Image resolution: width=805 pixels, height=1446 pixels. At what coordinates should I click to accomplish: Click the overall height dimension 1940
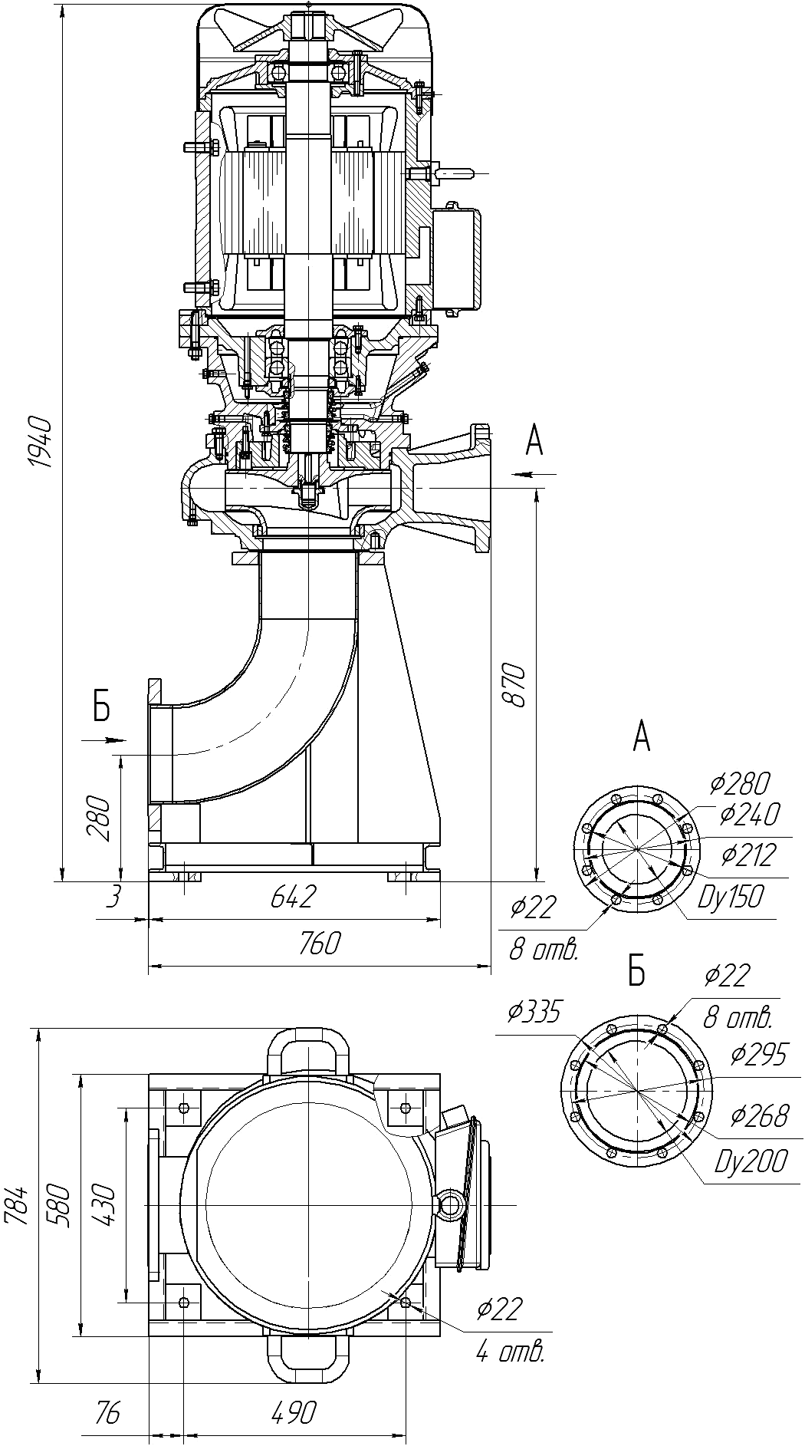coord(38,443)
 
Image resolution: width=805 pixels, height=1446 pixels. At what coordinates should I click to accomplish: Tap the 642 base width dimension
coord(294,896)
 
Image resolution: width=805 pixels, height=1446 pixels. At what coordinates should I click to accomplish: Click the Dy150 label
coord(731,897)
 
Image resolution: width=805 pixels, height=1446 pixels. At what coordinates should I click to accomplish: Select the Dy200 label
coord(751,1162)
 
